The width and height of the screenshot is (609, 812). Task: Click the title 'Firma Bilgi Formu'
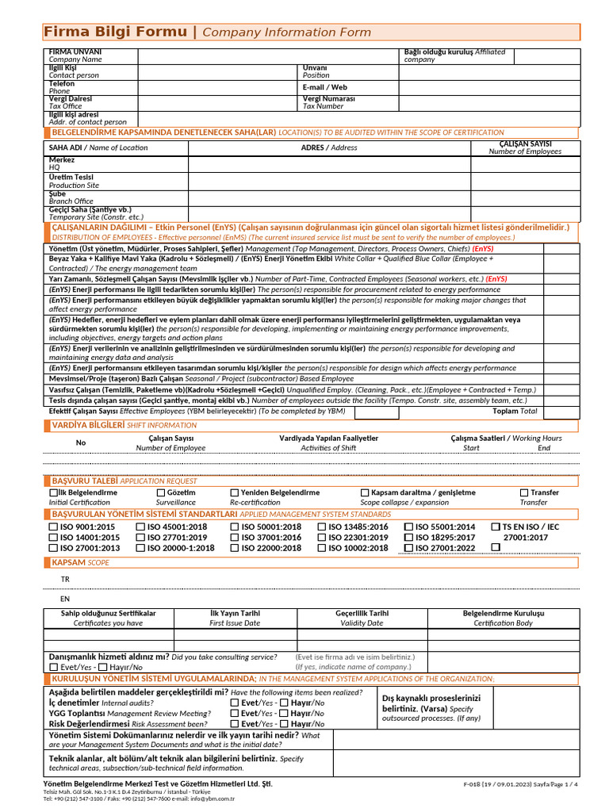117,32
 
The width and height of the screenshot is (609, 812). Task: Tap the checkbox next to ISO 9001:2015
53,527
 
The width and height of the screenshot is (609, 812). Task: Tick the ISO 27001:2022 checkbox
408,547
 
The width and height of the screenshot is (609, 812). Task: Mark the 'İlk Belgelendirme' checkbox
53,492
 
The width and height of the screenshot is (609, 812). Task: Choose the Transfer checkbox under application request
524,492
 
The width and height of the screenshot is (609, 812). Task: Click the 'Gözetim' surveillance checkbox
161,492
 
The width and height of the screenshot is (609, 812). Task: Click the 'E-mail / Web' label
324,87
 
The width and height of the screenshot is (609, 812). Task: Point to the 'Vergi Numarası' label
328,99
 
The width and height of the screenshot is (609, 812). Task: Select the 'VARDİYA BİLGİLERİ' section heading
87,425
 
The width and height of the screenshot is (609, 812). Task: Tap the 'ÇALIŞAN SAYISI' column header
525,144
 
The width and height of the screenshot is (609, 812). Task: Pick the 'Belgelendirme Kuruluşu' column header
504,614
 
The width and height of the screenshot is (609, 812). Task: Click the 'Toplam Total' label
515,412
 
